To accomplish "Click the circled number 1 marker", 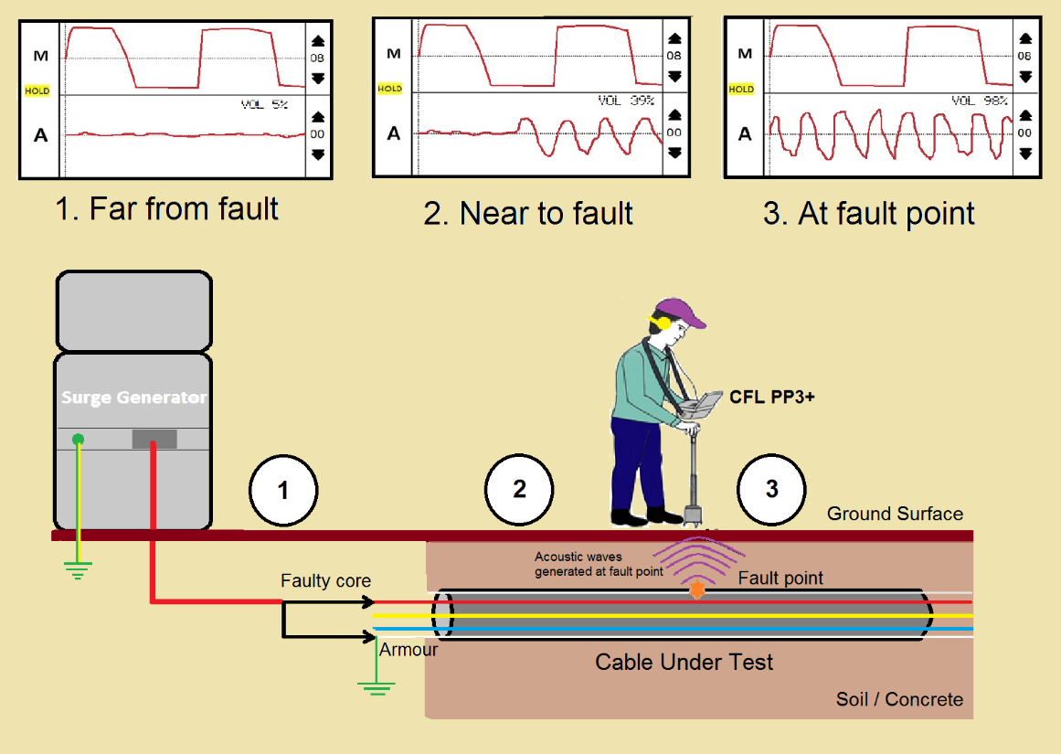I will (282, 491).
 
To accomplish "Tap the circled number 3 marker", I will (772, 489).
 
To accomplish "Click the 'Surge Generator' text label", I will (133, 398).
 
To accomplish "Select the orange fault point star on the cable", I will (697, 590).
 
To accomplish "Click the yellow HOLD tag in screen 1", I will (37, 91).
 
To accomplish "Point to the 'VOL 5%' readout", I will (264, 105).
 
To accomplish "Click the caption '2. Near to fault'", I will (528, 213).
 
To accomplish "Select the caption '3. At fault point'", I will (868, 213).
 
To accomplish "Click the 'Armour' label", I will (408, 650).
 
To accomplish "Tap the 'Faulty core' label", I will (325, 581).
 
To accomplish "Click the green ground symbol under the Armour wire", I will (376, 686).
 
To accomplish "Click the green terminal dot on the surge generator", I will (79, 441).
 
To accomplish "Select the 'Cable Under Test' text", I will (684, 662).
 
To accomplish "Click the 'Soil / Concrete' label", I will (899, 699).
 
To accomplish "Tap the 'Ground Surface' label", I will (895, 514).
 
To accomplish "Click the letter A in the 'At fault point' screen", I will (745, 134).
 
